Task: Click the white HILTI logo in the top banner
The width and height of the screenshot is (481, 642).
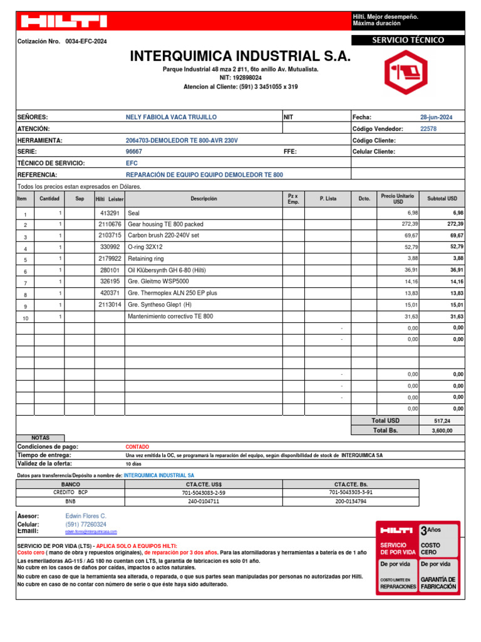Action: [x=63, y=22]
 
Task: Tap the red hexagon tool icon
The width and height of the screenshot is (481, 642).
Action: [x=406, y=72]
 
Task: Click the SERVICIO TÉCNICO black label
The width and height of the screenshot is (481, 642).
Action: [x=408, y=40]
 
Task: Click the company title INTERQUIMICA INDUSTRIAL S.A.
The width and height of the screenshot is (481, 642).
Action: [x=240, y=57]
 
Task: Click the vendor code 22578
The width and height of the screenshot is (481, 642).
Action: [x=428, y=129]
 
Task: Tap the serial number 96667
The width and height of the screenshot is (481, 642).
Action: [x=134, y=152]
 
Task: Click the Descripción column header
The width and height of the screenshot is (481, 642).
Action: [x=204, y=199]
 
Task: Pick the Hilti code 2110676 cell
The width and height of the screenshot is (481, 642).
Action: [x=110, y=224]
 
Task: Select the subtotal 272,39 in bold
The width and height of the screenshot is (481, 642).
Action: [x=452, y=224]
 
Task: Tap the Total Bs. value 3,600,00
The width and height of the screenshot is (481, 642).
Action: [x=442, y=431]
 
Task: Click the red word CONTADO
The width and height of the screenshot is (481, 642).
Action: [x=137, y=447]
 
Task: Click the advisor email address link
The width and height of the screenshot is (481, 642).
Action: [x=91, y=531]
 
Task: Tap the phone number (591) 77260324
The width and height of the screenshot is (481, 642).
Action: [x=86, y=524]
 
